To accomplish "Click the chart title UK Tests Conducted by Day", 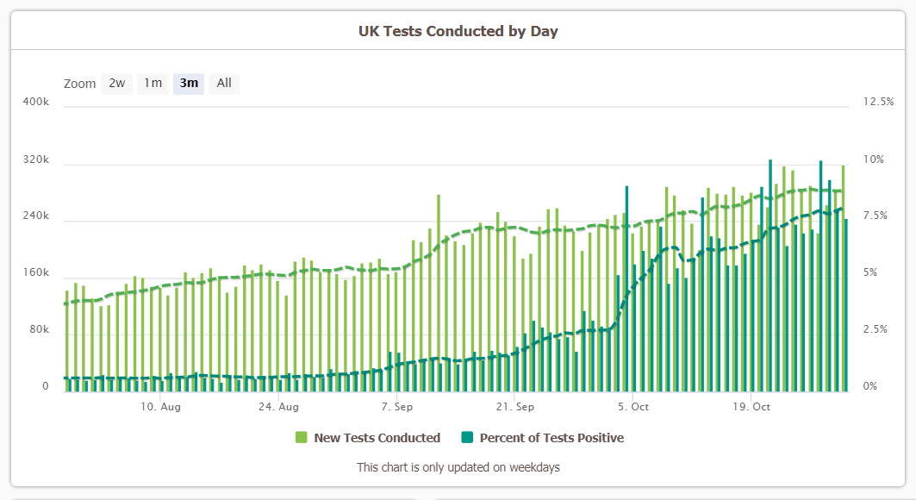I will pyautogui.click(x=458, y=31).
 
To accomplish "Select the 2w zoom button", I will pyautogui.click(x=117, y=84).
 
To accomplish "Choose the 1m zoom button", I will pyautogui.click(x=153, y=84).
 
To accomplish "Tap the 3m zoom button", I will pyautogui.click(x=189, y=84).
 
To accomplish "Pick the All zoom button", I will pyautogui.click(x=224, y=84).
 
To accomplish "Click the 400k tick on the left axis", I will pyautogui.click(x=35, y=102).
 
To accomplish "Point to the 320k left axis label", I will pyautogui.click(x=35, y=160).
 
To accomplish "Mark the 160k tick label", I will pyautogui.click(x=35, y=273).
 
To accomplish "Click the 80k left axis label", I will pyautogui.click(x=38, y=329).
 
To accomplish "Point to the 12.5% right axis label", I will pyautogui.click(x=878, y=102).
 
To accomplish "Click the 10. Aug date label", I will pyautogui.click(x=160, y=406).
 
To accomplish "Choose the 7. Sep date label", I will pyautogui.click(x=397, y=406).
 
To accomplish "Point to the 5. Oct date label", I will pyautogui.click(x=633, y=406).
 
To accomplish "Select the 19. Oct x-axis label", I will pyautogui.click(x=751, y=406).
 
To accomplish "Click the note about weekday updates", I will pyautogui.click(x=458, y=467).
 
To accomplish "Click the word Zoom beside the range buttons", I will pyautogui.click(x=79, y=84).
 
